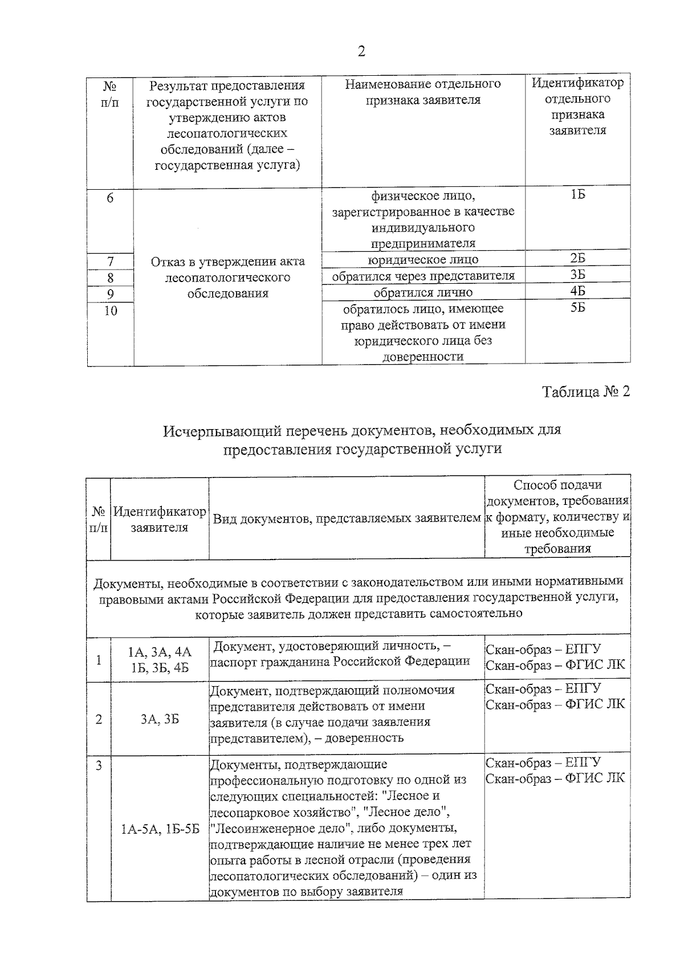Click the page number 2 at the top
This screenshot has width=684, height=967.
click(x=361, y=52)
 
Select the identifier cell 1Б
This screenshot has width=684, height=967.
click(x=577, y=195)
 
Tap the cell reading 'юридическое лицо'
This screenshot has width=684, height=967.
click(x=422, y=260)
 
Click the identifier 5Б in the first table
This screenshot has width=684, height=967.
click(x=577, y=308)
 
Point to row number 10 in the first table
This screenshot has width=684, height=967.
click(x=111, y=311)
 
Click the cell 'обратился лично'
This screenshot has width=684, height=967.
click(x=422, y=292)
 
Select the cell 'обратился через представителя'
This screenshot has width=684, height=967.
click(x=422, y=276)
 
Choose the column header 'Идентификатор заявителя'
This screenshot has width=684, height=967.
click(x=160, y=519)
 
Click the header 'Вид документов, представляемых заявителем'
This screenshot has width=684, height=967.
click(x=347, y=519)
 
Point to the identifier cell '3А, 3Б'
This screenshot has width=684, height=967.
click(x=160, y=719)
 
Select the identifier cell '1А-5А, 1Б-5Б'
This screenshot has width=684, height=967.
click(x=160, y=829)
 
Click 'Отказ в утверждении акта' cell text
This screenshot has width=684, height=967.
click(x=227, y=262)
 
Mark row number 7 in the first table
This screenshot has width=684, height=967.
click(x=111, y=262)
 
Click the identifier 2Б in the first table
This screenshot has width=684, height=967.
click(x=577, y=258)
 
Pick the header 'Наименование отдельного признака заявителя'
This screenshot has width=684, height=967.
click(x=422, y=92)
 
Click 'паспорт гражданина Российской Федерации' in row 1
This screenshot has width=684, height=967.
click(x=340, y=662)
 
